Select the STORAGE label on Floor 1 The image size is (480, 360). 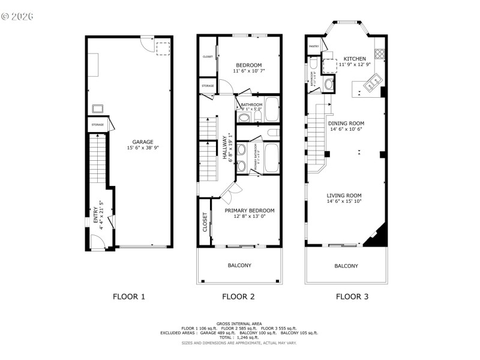tap(97, 125)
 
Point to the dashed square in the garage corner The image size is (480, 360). tap(163, 48)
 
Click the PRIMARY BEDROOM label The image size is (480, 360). tap(250, 211)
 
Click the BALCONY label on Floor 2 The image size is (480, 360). tap(239, 265)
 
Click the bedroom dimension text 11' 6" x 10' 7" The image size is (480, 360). tap(249, 71)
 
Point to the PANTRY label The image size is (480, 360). tap(313, 46)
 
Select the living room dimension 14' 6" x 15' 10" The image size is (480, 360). tap(344, 202)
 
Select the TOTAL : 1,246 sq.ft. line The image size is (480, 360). tap(239, 337)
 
